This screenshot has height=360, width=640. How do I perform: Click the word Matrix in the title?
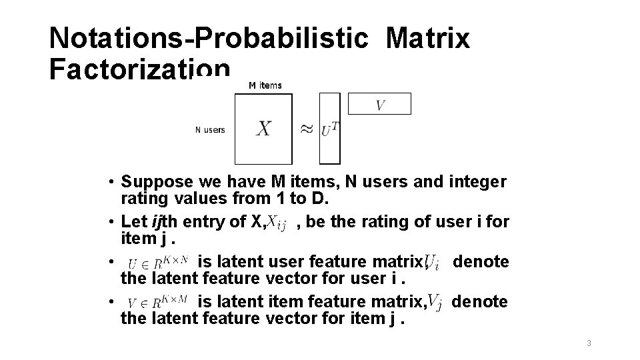(427, 39)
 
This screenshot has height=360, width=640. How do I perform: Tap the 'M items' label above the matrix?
(265, 85)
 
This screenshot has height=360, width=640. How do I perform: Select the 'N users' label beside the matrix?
(210, 129)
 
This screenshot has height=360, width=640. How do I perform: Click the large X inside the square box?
(263, 129)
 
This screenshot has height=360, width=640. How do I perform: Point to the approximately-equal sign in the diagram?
(306, 129)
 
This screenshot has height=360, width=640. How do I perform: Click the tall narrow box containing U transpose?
(330, 129)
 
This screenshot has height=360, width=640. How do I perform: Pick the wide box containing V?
(380, 104)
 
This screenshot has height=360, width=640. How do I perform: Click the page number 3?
(589, 343)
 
